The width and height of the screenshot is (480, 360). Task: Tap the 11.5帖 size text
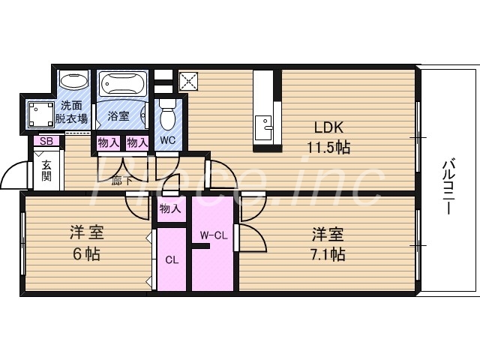327,147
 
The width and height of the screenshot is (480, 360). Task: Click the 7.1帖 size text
328,253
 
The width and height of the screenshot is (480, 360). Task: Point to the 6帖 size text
85,253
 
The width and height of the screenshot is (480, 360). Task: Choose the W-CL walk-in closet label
213,235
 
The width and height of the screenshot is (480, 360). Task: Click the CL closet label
171,260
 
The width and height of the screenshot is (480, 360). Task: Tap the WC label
168,139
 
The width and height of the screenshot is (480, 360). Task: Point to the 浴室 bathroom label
118,116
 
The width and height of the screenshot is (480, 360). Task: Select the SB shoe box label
46,141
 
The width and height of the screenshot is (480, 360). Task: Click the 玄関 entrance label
46,171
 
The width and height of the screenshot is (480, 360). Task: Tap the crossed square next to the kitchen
188,79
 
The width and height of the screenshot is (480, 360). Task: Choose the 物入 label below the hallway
170,208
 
